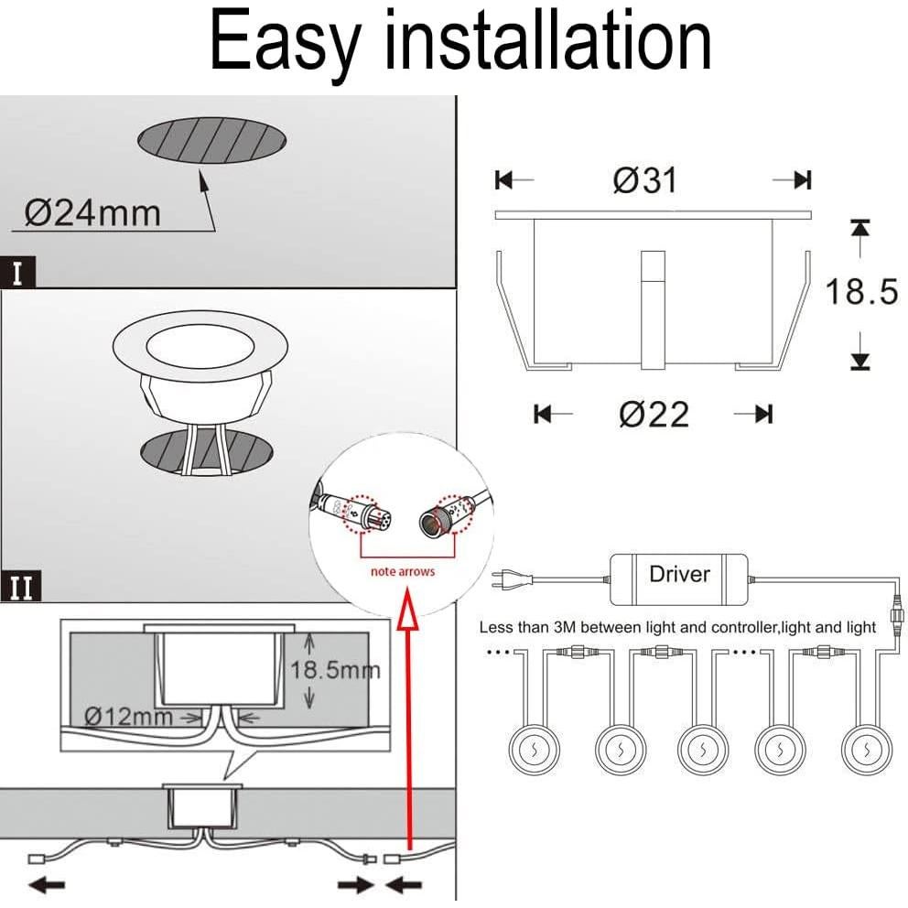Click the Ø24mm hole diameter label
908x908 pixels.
pos(92,212)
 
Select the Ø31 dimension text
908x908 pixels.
pos(645,179)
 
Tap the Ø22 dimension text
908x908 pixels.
pos(654,415)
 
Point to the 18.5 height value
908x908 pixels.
pos(861,293)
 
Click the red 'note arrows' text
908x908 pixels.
pos(402,572)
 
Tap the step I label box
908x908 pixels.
pos(17,273)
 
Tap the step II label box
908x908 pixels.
pos(20,587)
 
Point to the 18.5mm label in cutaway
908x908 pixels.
pos(335,670)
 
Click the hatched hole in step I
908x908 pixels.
pos(211,142)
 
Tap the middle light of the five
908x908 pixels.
pos(698,748)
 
